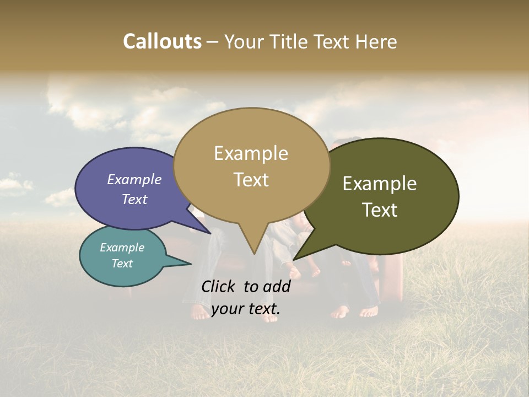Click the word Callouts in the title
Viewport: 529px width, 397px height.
162,42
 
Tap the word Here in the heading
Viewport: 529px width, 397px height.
376,42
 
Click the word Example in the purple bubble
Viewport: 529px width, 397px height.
134,180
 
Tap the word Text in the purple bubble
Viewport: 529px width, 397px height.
134,199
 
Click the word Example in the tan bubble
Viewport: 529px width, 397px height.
251,153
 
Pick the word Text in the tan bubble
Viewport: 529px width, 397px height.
251,180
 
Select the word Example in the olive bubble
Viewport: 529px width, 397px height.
380,184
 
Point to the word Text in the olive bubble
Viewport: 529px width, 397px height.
380,210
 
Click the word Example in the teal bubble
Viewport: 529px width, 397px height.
122,248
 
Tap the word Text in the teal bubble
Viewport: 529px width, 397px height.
122,264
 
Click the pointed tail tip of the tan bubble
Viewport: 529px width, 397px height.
254,254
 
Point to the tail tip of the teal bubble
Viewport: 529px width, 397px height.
191,264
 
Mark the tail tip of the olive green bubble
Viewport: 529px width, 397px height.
294,259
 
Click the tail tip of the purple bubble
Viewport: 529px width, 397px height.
210,233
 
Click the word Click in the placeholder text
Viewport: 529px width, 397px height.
219,286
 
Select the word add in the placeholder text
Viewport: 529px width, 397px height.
277,286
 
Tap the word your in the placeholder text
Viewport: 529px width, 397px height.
228,309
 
